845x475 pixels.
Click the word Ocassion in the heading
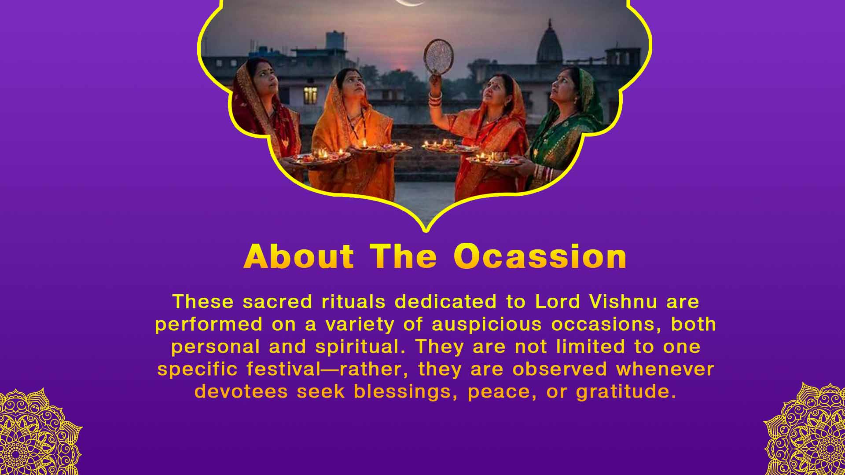click(540, 256)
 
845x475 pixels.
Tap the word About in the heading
click(299, 256)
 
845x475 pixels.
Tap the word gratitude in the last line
click(625, 391)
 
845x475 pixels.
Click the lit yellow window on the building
click(310, 95)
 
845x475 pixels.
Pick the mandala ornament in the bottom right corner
click(808, 431)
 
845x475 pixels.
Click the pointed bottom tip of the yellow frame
click(425, 229)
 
